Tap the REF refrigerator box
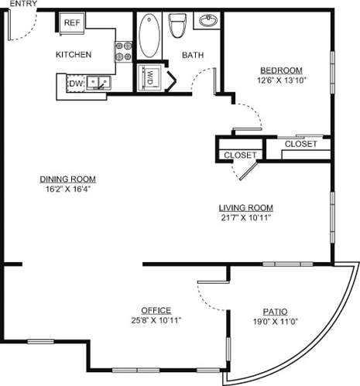[72, 23]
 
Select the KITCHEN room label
[74, 55]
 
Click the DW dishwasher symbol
[76, 83]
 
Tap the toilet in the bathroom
[177, 26]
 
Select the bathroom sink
[207, 21]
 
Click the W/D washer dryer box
[147, 77]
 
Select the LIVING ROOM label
[245, 207]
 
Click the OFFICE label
[156, 310]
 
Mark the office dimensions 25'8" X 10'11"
[156, 319]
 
